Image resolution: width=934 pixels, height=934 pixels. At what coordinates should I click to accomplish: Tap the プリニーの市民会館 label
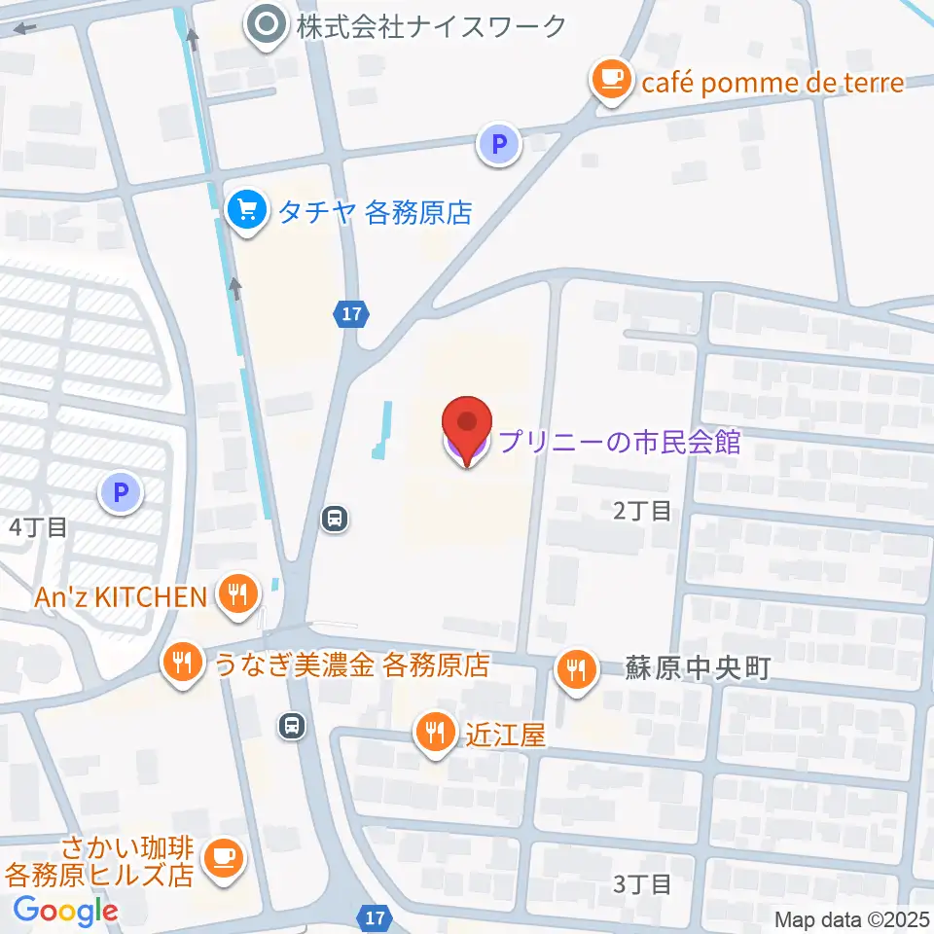(x=620, y=443)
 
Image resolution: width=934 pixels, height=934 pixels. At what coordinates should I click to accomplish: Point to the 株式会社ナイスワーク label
(x=431, y=26)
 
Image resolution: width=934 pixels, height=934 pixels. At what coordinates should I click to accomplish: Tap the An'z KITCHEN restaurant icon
(x=236, y=594)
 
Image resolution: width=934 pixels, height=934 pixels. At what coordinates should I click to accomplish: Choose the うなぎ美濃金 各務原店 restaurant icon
(x=181, y=665)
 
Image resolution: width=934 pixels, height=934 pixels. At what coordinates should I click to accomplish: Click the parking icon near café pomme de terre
(x=499, y=146)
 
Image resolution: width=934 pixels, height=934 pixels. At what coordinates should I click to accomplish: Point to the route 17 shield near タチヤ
(x=352, y=314)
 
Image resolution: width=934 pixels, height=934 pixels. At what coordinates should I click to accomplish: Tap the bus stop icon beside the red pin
(x=335, y=519)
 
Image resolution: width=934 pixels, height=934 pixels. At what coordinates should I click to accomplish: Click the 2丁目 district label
(x=642, y=511)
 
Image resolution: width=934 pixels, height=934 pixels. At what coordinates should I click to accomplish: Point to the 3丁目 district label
(x=642, y=884)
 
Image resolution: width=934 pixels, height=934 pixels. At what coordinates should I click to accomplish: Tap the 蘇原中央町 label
(x=698, y=668)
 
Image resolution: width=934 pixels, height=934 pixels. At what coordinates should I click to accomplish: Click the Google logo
(x=65, y=911)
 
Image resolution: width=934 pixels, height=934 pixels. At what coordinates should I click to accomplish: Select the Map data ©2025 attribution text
(x=851, y=918)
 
